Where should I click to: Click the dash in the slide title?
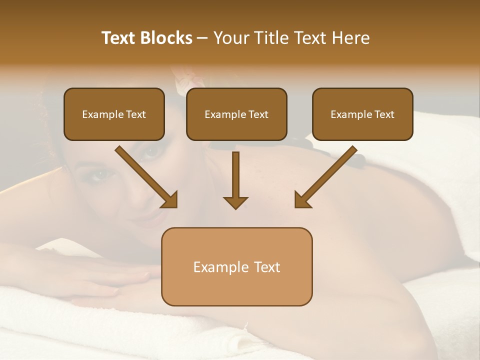(x=202, y=38)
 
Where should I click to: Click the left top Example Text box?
(x=114, y=114)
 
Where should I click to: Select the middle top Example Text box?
(x=236, y=114)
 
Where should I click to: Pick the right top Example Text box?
(x=362, y=114)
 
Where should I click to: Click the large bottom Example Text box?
(x=236, y=266)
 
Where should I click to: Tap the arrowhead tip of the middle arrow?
(x=235, y=207)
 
